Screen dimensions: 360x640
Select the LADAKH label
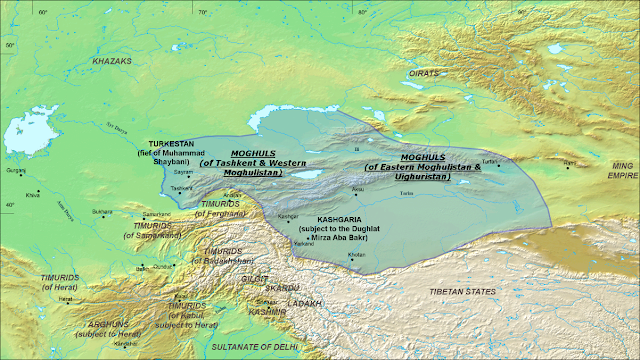(304, 302)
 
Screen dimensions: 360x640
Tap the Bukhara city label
(100, 212)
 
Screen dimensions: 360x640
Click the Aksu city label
(357, 187)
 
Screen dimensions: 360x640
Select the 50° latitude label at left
(8, 45)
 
